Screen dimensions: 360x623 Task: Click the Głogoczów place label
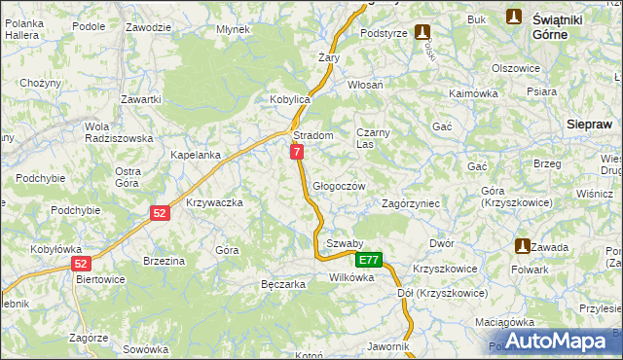(339, 187)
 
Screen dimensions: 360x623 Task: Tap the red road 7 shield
(297, 152)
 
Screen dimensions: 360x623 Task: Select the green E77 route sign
(368, 260)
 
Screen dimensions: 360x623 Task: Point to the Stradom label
(313, 135)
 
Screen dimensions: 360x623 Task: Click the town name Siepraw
(589, 125)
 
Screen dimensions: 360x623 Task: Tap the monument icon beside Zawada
(523, 246)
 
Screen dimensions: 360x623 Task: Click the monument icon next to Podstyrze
(421, 32)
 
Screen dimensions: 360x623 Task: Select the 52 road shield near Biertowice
(82, 263)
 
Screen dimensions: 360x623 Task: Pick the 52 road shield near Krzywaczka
(162, 213)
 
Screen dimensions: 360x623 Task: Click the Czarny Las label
(373, 138)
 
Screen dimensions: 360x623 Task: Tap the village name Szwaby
(345, 243)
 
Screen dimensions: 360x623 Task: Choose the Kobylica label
(289, 100)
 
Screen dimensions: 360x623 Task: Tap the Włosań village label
(365, 85)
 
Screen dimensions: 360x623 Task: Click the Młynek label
(234, 29)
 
